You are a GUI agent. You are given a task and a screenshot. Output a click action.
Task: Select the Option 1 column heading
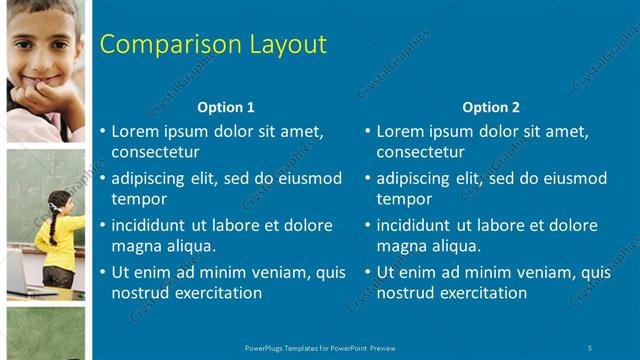226,107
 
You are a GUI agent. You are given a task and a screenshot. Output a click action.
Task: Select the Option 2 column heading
491,107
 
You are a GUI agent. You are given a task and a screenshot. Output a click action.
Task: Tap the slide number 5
591,348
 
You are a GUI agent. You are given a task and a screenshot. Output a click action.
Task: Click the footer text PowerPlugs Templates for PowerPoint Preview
320,348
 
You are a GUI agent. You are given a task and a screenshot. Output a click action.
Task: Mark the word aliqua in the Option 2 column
455,246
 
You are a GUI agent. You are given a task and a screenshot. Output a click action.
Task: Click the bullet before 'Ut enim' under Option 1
102,272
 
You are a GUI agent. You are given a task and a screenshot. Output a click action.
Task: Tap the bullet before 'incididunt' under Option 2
367,225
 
